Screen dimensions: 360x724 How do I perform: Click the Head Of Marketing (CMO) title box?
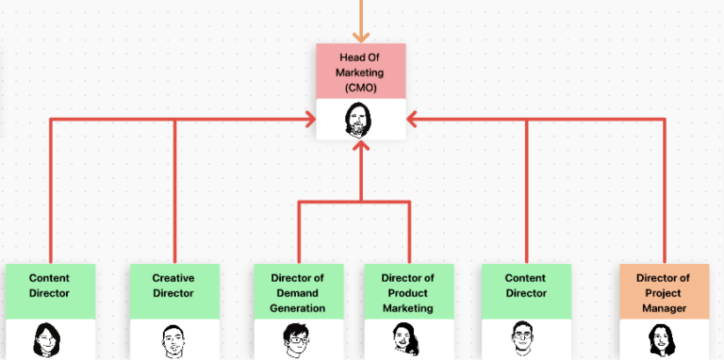click(360, 72)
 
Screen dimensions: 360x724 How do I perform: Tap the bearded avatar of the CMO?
click(360, 120)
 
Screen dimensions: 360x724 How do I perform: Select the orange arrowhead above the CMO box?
click(360, 35)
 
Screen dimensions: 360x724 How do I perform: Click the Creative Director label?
click(173, 286)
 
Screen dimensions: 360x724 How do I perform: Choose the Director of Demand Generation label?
click(298, 292)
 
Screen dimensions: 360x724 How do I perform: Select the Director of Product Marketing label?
click(407, 292)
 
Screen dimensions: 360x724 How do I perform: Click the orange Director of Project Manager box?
click(664, 292)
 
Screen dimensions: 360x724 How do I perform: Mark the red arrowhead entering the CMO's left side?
click(308, 120)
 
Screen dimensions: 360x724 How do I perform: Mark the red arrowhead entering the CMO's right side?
click(413, 120)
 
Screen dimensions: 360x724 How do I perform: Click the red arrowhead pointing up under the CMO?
click(360, 146)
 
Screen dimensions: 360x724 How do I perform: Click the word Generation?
click(298, 308)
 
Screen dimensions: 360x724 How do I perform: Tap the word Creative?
click(173, 278)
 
